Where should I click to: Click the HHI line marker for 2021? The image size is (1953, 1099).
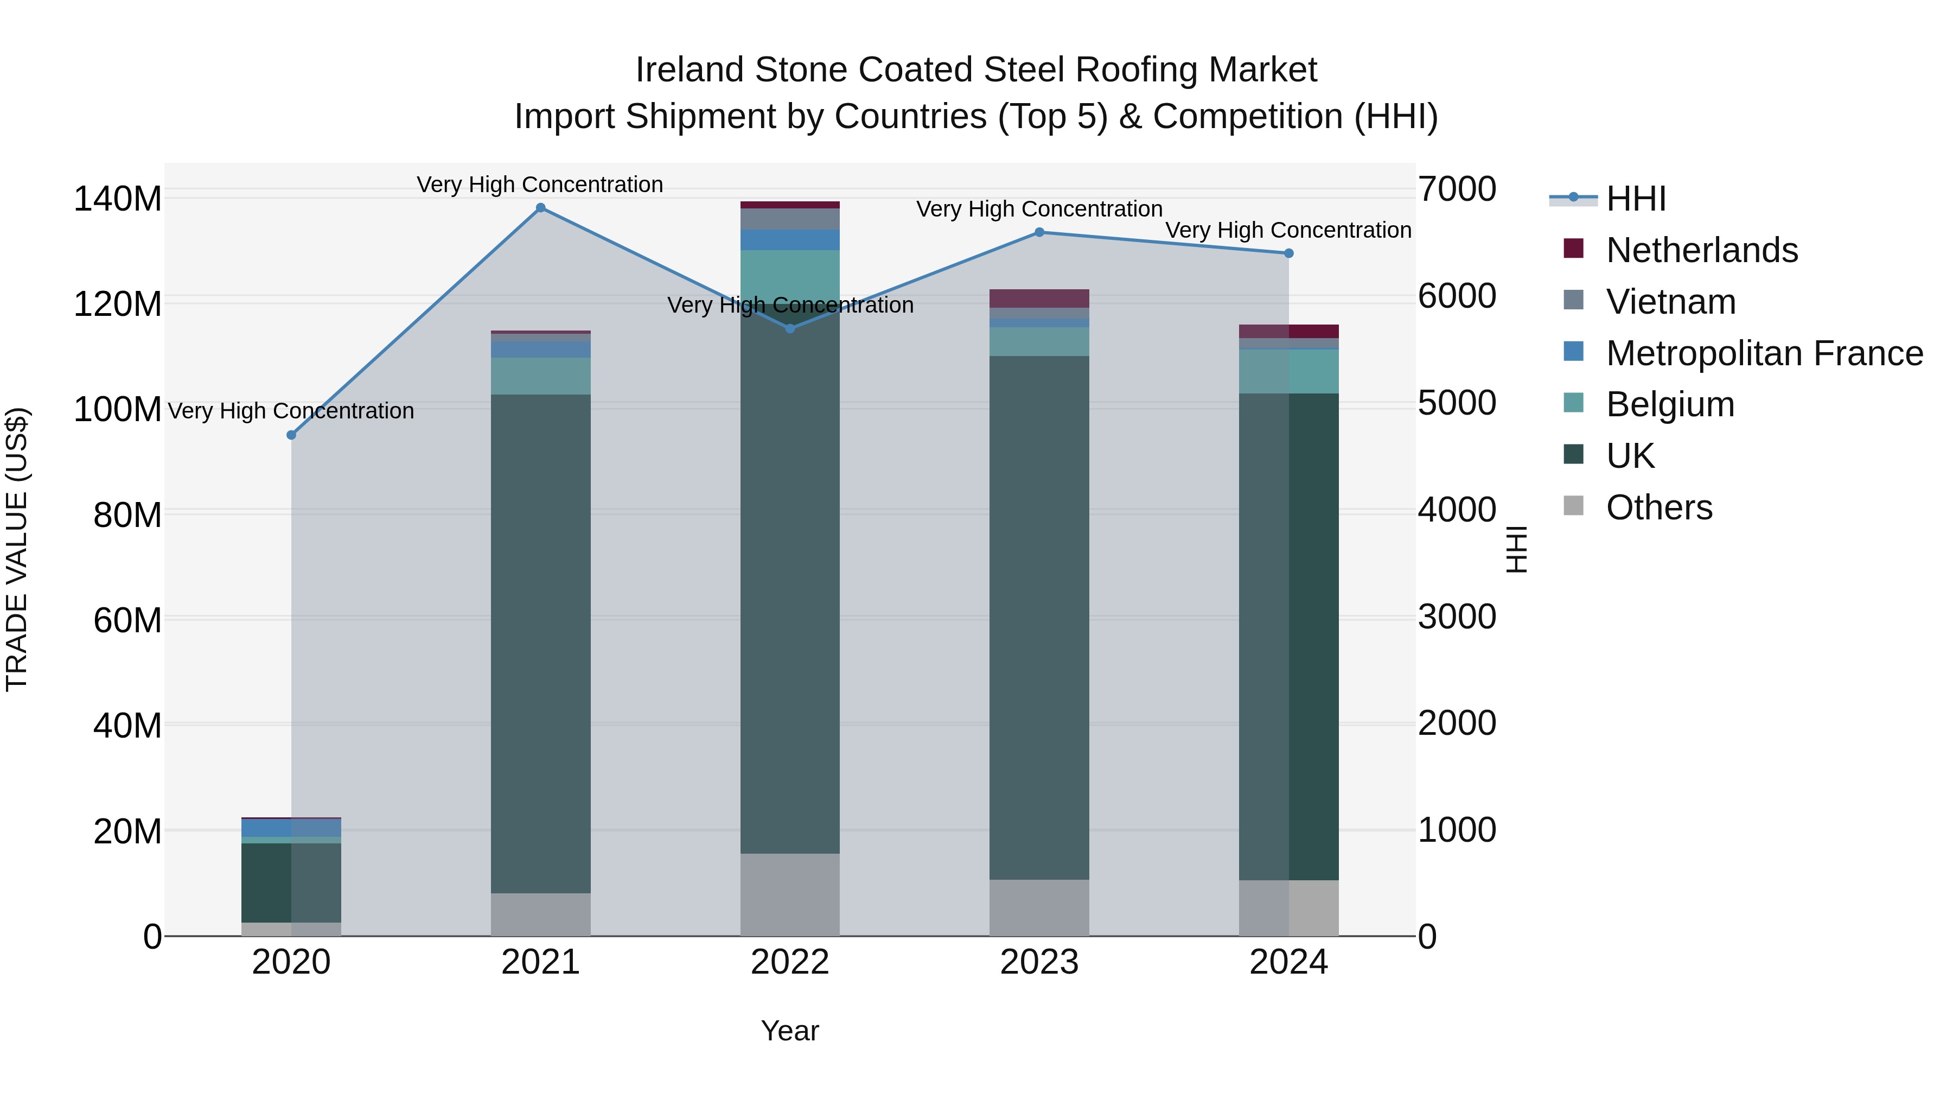[x=540, y=208]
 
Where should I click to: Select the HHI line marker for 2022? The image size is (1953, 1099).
[x=790, y=328]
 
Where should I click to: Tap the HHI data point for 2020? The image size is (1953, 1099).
[x=291, y=435]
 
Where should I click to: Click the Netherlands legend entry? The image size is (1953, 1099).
[x=1701, y=250]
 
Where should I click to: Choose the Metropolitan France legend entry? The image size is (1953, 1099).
[x=1764, y=353]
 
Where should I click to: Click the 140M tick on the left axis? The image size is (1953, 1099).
[x=118, y=200]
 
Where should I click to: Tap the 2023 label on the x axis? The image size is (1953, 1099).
[x=1039, y=962]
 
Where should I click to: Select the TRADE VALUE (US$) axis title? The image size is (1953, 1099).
[x=17, y=549]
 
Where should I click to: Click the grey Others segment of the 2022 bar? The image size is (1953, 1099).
[x=790, y=895]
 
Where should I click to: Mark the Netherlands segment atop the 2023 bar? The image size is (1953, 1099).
[x=1039, y=298]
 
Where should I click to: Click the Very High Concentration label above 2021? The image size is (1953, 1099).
[x=540, y=185]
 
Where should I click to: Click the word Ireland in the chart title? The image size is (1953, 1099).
[x=688, y=70]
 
